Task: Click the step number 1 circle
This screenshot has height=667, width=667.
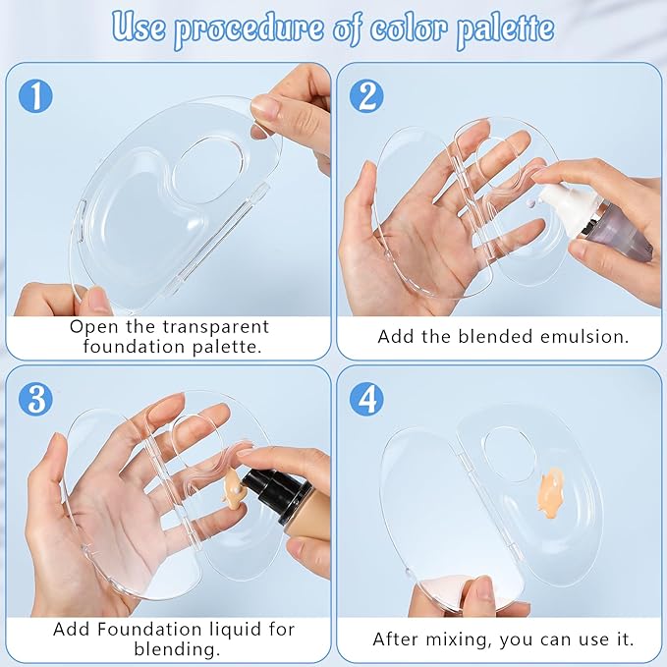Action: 34,95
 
